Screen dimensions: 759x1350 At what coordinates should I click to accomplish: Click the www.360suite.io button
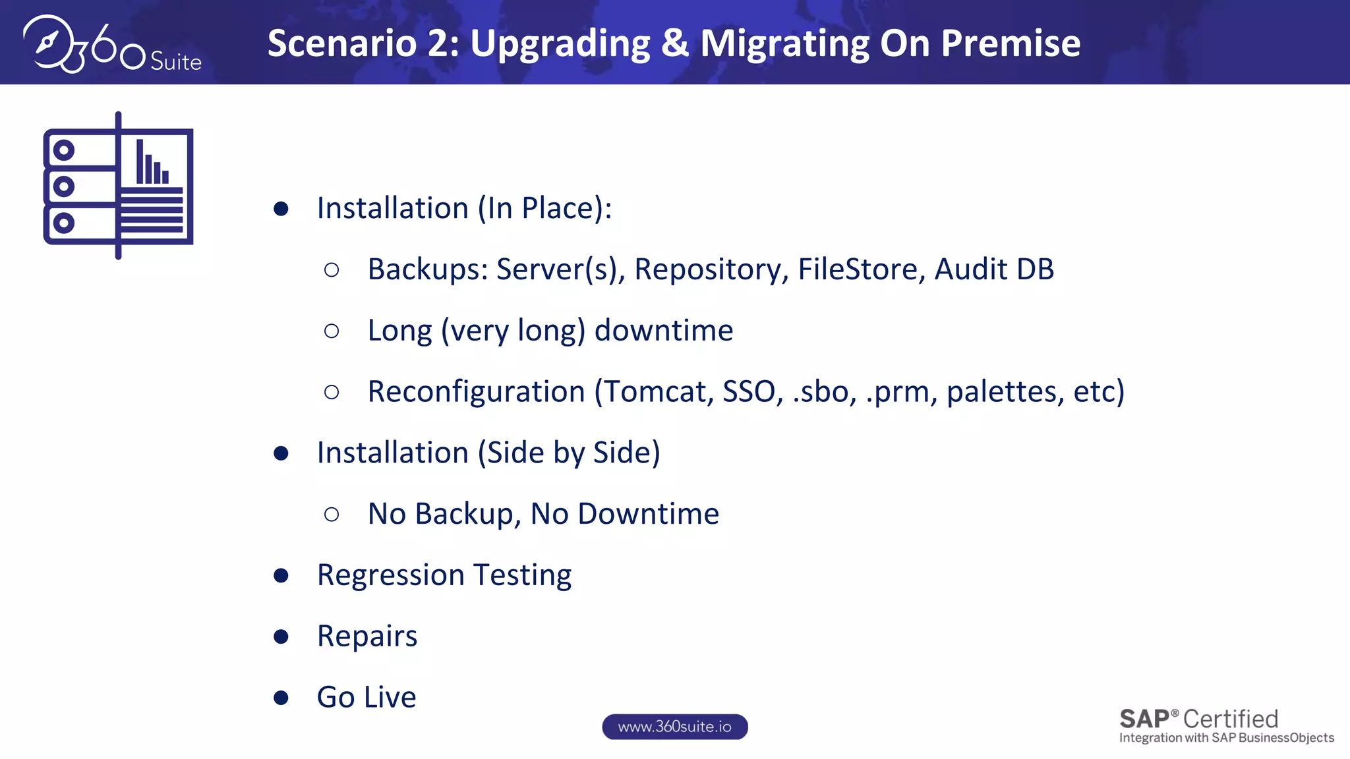coord(674,727)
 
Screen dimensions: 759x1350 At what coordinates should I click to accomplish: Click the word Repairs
coord(367,636)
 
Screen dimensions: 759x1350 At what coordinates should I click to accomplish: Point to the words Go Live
coord(367,697)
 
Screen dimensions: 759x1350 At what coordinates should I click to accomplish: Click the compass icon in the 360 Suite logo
coord(48,43)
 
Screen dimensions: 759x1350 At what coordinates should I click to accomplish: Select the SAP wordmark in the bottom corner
coord(1144,719)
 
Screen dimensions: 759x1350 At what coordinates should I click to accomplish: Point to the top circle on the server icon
coord(64,151)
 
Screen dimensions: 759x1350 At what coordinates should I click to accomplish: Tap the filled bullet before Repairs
coord(281,636)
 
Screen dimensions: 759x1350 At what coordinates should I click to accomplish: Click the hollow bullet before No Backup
coord(332,514)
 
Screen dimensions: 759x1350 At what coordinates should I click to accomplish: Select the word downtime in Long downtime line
coord(664,330)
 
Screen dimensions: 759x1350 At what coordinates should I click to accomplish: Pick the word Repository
coord(711,269)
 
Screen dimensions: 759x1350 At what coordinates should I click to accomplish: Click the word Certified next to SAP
coord(1231,719)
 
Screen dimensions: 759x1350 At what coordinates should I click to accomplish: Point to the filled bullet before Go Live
coord(281,698)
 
